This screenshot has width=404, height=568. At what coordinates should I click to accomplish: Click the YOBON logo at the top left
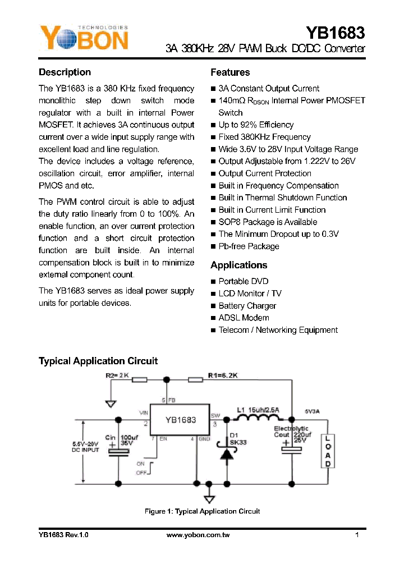coord(84,38)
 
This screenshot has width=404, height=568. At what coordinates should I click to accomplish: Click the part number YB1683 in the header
coord(336,33)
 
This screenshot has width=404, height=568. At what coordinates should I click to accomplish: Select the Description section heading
coord(65,72)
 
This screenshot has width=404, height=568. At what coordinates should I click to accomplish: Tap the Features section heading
coord(230,72)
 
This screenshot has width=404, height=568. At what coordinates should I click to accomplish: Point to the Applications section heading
coord(238,265)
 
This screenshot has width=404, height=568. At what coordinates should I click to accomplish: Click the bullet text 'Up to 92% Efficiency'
coord(256,125)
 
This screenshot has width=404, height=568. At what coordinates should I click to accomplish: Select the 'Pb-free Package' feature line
coord(249,246)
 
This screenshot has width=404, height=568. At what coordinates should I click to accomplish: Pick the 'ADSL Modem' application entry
coord(244,318)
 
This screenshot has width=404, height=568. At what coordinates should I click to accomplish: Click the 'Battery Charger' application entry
coord(247,306)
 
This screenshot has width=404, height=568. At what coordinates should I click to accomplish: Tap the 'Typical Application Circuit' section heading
coord(98,361)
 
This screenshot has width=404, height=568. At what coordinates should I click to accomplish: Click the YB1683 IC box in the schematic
coord(179,420)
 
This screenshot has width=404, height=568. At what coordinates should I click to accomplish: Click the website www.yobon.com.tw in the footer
coord(198,535)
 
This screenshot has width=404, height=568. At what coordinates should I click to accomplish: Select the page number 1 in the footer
coord(357,535)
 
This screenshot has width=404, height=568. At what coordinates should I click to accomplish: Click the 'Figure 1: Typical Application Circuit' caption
coord(202,511)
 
